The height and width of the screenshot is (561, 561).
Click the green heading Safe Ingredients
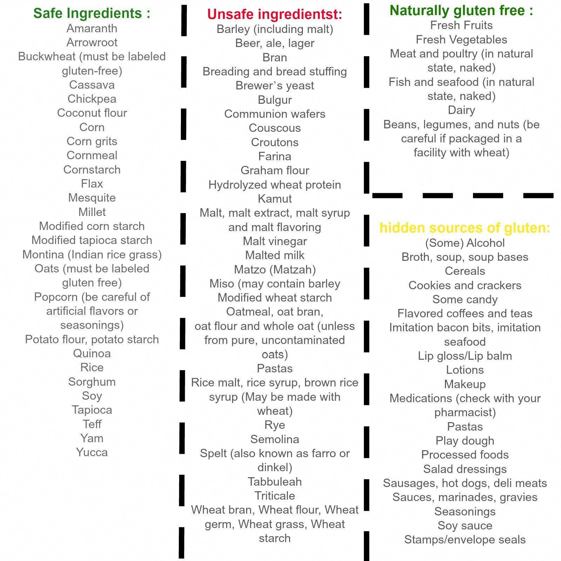coord(92,13)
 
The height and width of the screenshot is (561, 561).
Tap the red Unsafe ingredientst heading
coord(275,14)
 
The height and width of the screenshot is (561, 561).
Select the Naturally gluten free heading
coord(461,11)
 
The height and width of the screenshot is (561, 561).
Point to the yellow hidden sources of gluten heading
coord(465,228)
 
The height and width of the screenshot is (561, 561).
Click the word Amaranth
coord(92,28)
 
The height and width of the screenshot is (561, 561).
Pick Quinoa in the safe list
coord(92,353)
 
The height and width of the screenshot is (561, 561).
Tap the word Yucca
coord(92,452)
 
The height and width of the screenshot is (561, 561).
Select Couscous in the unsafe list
coord(275,128)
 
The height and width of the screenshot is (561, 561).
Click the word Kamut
coord(275,199)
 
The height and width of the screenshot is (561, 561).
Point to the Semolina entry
coord(275,439)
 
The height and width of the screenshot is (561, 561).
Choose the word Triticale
coord(275,496)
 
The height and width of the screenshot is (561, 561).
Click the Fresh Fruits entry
coord(461,25)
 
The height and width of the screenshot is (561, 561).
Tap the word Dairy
coord(461,110)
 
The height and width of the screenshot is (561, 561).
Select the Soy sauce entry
coord(465,526)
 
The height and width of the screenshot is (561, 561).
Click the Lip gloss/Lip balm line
coord(465,356)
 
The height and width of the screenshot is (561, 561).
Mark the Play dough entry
coord(465,441)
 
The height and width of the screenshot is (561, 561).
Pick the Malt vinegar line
coord(275,241)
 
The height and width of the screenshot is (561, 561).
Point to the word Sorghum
coord(92,382)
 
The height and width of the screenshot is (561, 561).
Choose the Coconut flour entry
coord(92,113)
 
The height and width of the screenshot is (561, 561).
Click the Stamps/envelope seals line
coord(465,540)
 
